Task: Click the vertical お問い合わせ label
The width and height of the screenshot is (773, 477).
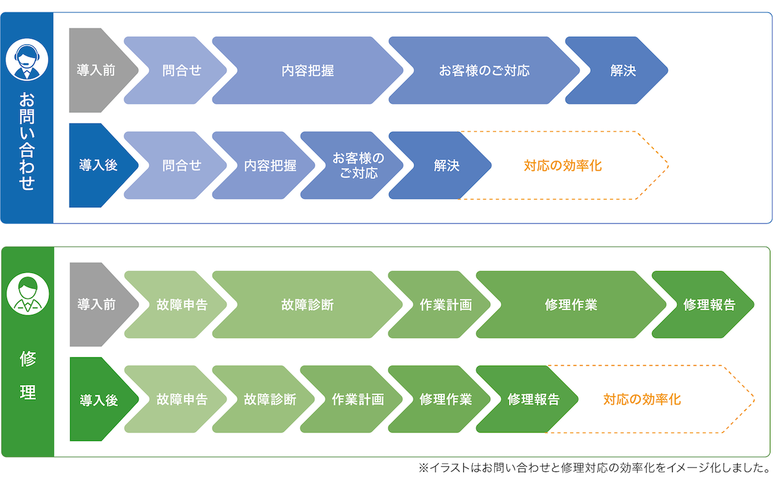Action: coord(26,142)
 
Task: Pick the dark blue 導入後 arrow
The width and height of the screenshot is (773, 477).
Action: coord(99,165)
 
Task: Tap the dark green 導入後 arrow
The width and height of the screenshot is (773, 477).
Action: coord(99,400)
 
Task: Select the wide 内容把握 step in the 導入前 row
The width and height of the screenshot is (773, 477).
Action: coord(307,71)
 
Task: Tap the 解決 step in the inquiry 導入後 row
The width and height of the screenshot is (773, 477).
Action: coord(444,165)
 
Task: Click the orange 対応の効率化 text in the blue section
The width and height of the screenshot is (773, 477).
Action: coord(562,165)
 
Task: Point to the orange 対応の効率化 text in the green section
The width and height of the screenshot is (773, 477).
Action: coord(642,400)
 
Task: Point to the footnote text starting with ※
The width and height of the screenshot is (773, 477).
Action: coord(593,467)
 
